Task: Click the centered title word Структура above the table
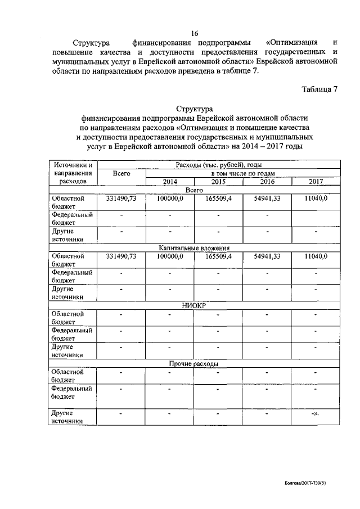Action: point(194,109)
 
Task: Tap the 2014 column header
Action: point(169,182)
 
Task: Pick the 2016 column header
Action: point(267,182)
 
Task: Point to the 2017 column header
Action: point(316,182)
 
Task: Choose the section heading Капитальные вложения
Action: point(193,247)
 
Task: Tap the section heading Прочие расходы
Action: point(193,364)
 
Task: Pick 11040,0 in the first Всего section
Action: point(316,198)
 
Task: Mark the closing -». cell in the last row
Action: point(316,414)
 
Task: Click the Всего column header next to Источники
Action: point(121,174)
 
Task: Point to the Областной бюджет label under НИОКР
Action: point(67,318)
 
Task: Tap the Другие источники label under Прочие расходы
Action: point(67,417)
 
